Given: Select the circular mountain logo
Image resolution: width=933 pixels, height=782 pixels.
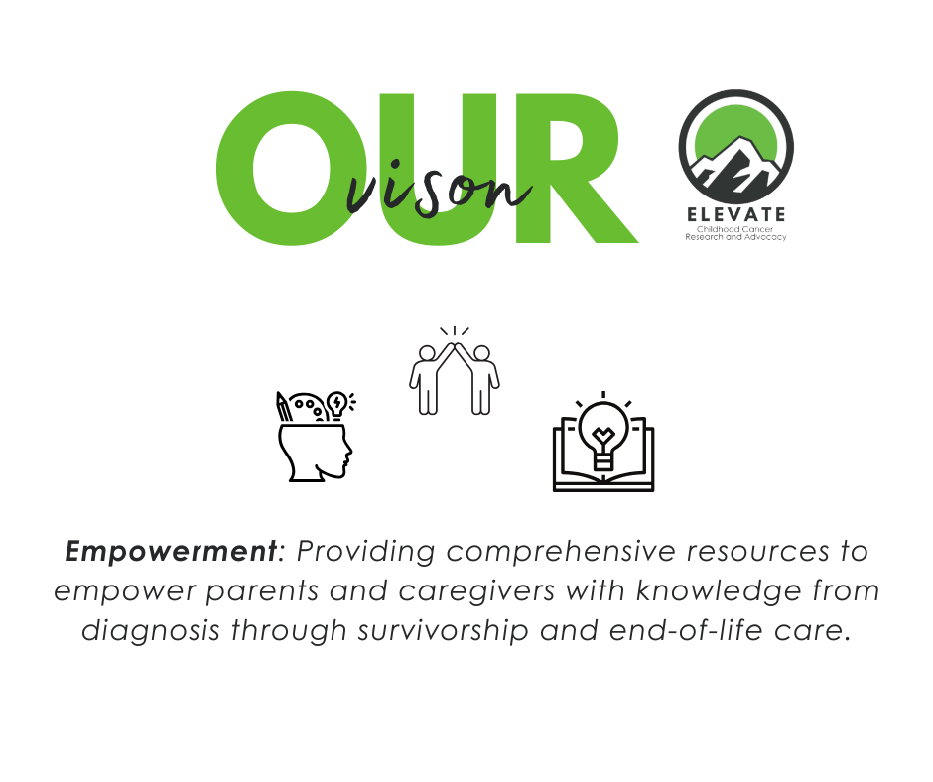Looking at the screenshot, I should (x=735, y=147).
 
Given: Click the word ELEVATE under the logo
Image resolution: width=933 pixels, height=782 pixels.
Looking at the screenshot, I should (x=735, y=214).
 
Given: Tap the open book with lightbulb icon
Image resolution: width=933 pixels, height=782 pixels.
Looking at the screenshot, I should (x=602, y=447).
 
